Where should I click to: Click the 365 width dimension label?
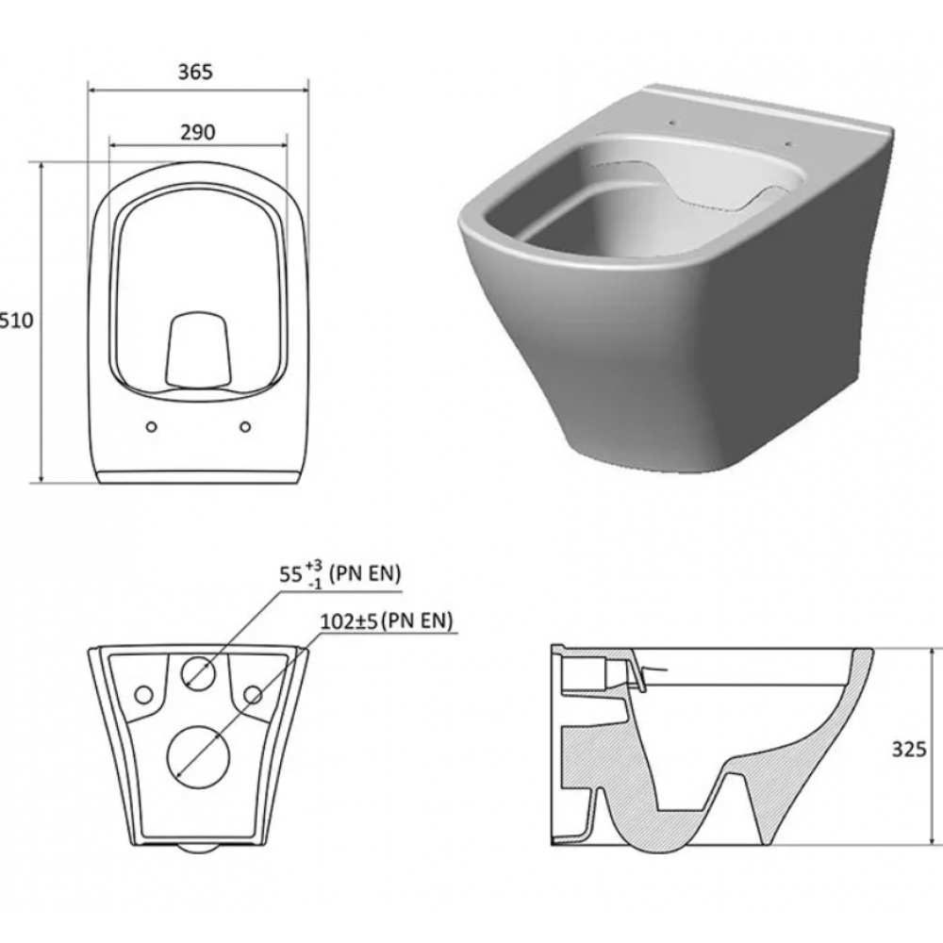(195, 73)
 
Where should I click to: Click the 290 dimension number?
(198, 132)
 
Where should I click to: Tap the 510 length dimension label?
(16, 320)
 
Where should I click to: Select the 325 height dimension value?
(909, 750)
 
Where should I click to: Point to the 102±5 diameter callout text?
(349, 621)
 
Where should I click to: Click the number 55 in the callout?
(290, 574)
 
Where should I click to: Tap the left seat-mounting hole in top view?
(152, 426)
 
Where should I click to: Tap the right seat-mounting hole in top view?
(245, 426)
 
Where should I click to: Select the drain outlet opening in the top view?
(198, 349)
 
